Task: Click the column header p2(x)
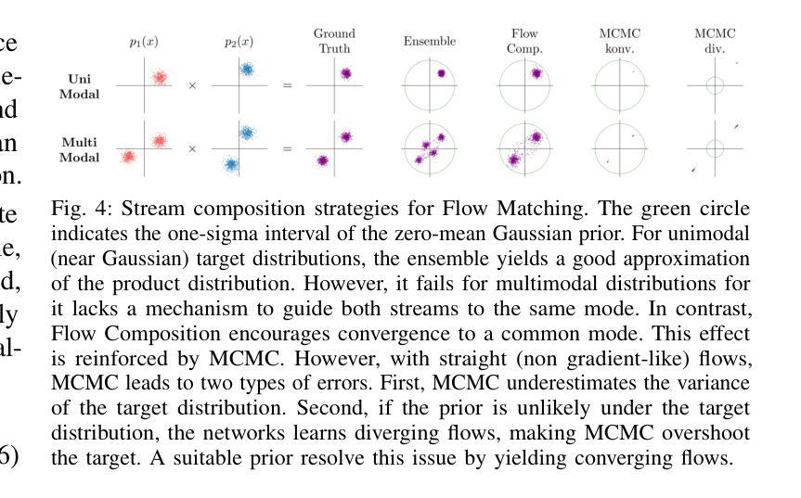point(239,42)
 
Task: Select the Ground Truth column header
point(334,41)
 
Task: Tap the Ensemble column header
point(430,42)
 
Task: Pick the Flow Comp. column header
point(524,41)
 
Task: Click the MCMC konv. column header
point(620,41)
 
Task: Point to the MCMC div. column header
point(715,41)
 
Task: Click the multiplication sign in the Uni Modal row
point(192,86)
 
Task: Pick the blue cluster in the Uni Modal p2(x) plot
point(247,69)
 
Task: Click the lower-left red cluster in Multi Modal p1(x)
point(128,157)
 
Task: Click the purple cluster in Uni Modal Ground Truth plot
point(345,73)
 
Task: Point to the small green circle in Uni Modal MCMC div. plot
point(714,86)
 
